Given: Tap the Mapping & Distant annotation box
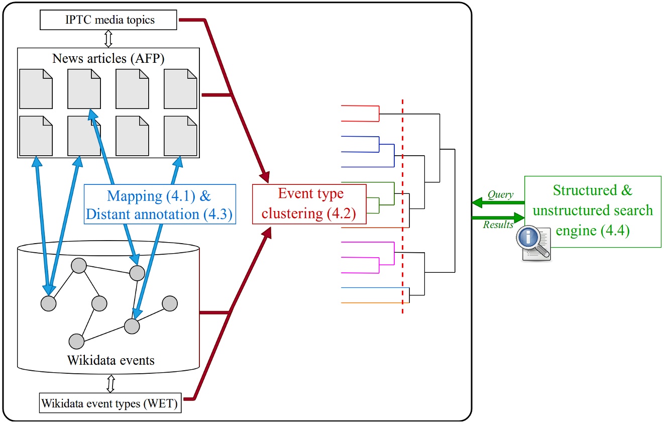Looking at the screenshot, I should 160,204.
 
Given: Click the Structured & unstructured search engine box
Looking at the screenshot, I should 593,211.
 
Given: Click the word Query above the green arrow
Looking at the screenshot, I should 500,194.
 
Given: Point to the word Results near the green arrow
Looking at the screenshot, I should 498,225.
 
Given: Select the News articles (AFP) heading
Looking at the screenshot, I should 108,58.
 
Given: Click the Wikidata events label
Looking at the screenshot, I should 111,360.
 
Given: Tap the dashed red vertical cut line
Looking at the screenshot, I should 402,211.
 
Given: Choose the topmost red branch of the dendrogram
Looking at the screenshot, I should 359,106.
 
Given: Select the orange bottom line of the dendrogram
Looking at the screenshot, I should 372,303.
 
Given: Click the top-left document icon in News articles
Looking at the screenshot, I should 36,89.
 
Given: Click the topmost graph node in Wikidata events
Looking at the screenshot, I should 79,266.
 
